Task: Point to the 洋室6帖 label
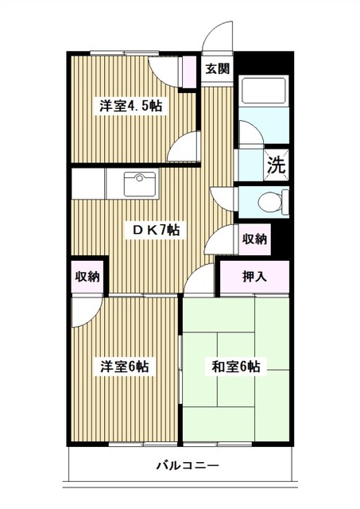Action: tap(124, 367)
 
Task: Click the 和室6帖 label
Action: tap(236, 367)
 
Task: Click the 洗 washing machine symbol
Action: tap(275, 165)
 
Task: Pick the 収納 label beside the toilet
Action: tap(254, 239)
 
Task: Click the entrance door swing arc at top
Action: tap(217, 37)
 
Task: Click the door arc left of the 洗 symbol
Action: tap(249, 135)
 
